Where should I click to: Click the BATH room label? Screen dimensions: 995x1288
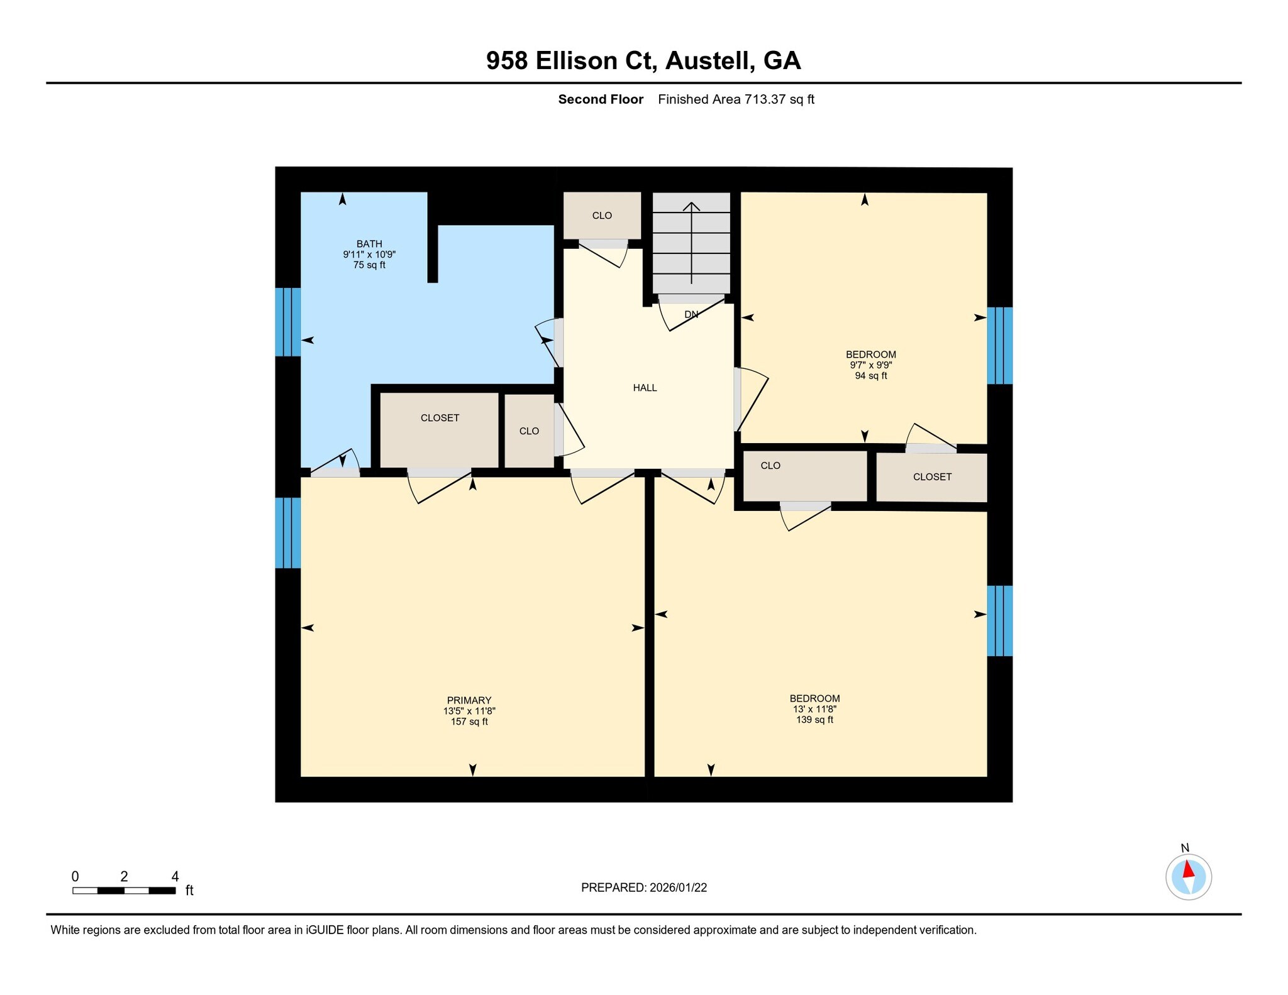[x=369, y=244]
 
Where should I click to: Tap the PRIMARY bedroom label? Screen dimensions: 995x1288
[x=469, y=700]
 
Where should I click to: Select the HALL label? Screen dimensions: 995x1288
[x=645, y=388]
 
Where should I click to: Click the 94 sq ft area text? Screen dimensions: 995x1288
[x=870, y=376]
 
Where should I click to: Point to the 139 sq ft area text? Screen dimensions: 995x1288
[x=814, y=720]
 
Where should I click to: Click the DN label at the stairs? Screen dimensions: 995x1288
[x=691, y=314]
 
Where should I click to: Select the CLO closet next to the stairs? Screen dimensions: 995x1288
[x=602, y=216]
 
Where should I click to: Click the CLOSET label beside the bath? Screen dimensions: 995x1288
[x=440, y=418]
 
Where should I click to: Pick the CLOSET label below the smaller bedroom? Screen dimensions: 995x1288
[x=932, y=477]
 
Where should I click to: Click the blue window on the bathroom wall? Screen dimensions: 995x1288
[x=288, y=322]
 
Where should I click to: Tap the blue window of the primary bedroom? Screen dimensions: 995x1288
[x=288, y=532]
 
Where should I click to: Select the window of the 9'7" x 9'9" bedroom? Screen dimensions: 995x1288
[x=999, y=346]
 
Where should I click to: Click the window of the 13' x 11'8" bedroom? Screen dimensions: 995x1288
[x=999, y=620]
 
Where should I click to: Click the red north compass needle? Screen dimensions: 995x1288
[x=1188, y=869]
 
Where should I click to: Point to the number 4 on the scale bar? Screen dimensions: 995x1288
[x=175, y=876]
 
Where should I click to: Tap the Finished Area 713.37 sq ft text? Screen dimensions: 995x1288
[x=736, y=99]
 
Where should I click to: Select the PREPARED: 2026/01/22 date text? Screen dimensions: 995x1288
[x=643, y=888]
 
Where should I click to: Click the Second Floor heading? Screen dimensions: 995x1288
[x=601, y=99]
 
